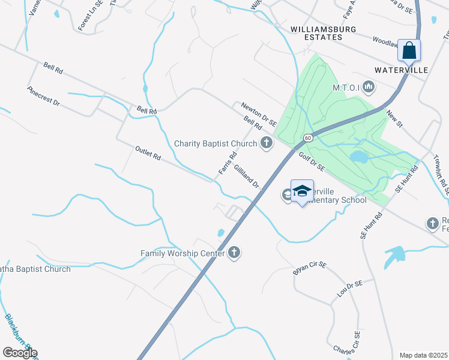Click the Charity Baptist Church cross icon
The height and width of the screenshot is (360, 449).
pos(266,143)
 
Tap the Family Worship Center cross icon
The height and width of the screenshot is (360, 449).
pos(234,253)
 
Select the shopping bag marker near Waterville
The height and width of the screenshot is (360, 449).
pos(409,50)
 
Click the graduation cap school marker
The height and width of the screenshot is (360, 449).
pos(302,191)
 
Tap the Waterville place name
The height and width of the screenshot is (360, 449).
pos(401,70)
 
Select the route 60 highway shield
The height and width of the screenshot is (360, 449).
pos(308,138)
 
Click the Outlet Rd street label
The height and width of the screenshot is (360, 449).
pos(148,153)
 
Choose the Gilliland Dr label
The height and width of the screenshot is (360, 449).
pos(246,177)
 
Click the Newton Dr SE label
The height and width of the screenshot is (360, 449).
pos(259,113)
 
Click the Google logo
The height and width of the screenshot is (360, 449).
pos(20,353)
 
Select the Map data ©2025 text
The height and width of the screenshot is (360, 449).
pos(424,355)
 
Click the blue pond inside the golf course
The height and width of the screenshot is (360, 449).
pos(358,157)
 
